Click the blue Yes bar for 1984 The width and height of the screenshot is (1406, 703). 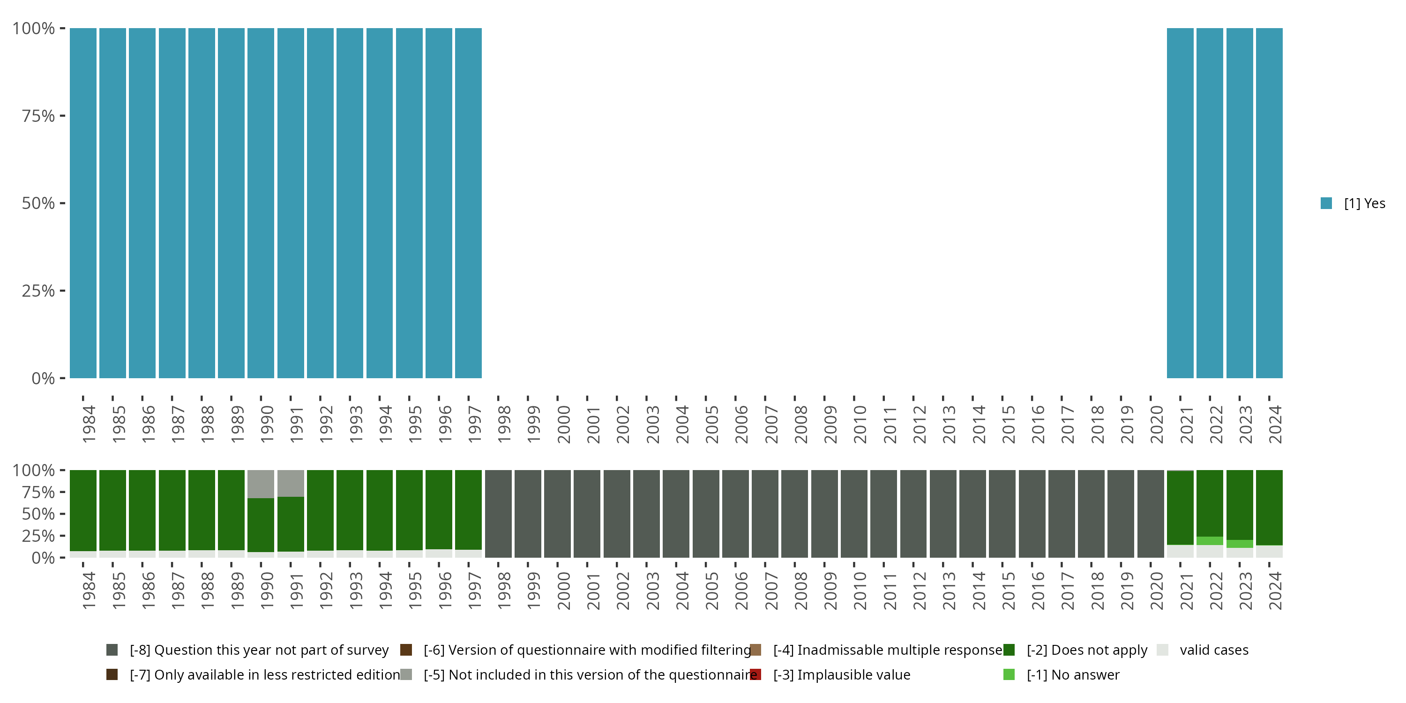pyautogui.click(x=83, y=203)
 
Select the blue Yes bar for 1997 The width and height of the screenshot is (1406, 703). pyautogui.click(x=468, y=203)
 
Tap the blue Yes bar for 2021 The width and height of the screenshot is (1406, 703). pyautogui.click(x=1180, y=203)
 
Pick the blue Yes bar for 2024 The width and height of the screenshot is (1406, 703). pyautogui.click(x=1269, y=203)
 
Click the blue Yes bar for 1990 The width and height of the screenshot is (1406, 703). pyautogui.click(x=261, y=203)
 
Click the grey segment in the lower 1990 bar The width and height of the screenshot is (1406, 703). pyautogui.click(x=261, y=484)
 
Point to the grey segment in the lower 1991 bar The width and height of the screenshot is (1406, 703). pyautogui.click(x=291, y=483)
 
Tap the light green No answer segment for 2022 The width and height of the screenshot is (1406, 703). pyautogui.click(x=1210, y=541)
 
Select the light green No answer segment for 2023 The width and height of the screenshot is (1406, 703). pyautogui.click(x=1240, y=544)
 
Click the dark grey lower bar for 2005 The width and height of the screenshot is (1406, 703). pyautogui.click(x=706, y=514)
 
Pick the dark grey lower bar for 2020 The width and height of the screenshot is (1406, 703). pyautogui.click(x=1151, y=514)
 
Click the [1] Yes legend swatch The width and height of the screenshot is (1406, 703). pyautogui.click(x=1326, y=203)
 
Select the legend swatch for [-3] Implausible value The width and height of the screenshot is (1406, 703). pyautogui.click(x=755, y=674)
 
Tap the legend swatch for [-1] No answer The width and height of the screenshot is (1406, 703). pyautogui.click(x=1009, y=674)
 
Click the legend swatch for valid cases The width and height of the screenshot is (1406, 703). pyautogui.click(x=1163, y=650)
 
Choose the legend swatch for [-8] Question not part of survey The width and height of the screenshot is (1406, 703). pyautogui.click(x=112, y=650)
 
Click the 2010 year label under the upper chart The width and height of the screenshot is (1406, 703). pyautogui.click(x=860, y=424)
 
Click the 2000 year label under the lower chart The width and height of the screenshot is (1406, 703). pyautogui.click(x=563, y=591)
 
